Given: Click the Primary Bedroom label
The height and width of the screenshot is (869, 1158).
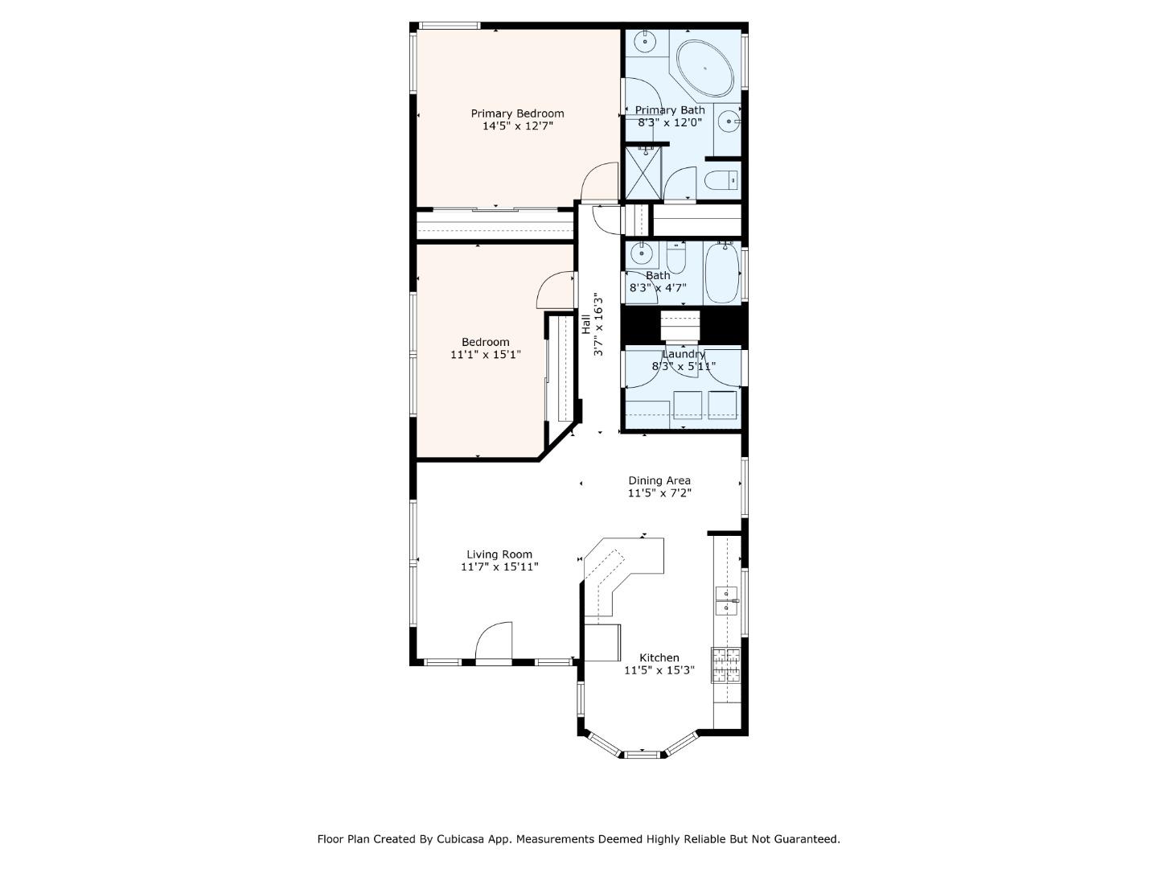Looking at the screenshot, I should [517, 113].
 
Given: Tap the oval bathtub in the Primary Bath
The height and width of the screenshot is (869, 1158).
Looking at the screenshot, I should [704, 68].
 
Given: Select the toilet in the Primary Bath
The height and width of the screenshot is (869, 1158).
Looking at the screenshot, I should [721, 180].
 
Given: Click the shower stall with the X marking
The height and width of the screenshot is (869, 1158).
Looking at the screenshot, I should [643, 173].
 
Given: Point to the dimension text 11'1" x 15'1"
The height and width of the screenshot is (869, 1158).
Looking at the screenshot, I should [485, 354].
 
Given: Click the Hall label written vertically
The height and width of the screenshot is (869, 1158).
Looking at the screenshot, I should [586, 323].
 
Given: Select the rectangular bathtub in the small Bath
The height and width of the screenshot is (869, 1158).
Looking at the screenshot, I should [721, 273].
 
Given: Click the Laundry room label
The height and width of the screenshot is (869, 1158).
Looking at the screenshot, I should [684, 354].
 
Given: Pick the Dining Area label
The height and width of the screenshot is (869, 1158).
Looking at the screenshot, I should [659, 480].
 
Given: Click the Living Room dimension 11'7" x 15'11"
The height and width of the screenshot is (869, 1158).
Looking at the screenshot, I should [499, 566].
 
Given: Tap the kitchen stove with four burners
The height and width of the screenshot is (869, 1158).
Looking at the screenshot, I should [725, 665].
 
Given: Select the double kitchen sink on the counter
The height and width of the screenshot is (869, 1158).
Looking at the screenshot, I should [727, 600].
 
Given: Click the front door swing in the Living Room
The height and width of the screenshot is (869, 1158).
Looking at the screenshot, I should [495, 642].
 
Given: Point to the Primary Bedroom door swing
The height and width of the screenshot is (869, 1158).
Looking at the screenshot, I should [600, 182].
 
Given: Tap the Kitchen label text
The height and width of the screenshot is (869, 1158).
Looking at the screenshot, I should [659, 657].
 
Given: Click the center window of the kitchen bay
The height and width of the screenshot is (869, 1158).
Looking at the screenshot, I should [642, 754].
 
